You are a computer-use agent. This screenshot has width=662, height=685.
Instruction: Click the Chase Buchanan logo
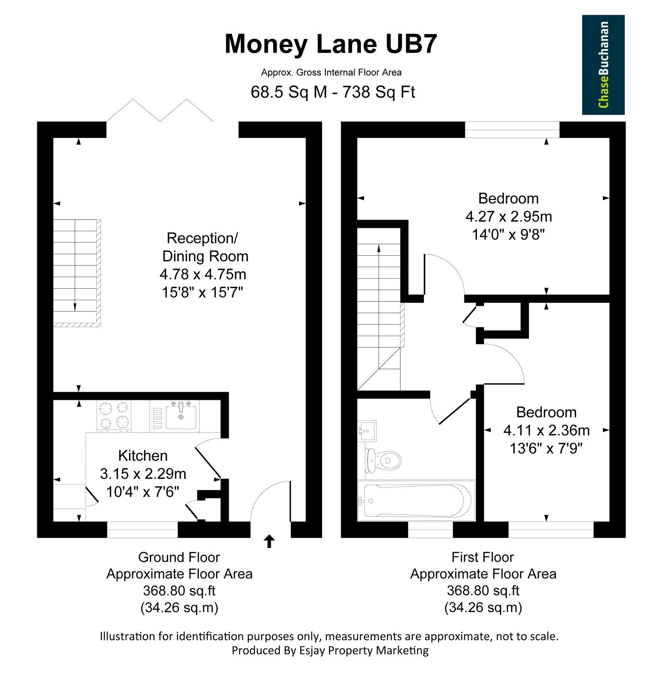coord(603,65)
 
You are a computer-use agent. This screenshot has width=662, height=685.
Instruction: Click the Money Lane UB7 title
coord(331,44)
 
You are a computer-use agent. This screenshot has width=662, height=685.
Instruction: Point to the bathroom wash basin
coord(367,431)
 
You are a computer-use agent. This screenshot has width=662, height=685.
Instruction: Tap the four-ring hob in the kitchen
coord(114,415)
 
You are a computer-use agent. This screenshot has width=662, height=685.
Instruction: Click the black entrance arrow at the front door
coord(269,541)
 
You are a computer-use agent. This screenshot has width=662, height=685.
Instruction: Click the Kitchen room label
coord(143,456)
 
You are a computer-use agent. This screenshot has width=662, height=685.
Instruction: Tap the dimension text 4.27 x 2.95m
coord(509,217)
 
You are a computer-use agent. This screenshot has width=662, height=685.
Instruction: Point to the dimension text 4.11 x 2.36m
coord(547,430)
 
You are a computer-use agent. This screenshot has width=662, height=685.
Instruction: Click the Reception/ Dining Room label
coord(204,247)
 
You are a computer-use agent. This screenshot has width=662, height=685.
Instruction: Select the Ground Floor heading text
coord(179,557)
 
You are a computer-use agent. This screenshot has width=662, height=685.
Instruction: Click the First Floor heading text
coord(482,557)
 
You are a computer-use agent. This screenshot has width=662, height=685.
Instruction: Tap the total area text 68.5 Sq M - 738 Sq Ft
coord(333,92)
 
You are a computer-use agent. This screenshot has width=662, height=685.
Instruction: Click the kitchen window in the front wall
coord(142,530)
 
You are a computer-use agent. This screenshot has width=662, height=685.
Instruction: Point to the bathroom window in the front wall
coord(430,530)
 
